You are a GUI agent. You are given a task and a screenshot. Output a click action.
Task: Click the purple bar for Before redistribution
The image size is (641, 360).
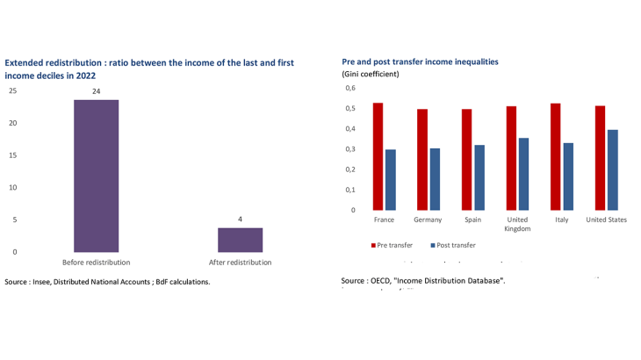(96, 176)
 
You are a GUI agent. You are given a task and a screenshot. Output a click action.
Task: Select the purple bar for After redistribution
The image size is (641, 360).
(240, 240)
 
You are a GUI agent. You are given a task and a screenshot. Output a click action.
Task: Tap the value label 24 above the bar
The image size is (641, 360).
(96, 90)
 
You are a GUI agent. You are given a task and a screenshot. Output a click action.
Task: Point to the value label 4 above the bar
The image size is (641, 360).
(240, 219)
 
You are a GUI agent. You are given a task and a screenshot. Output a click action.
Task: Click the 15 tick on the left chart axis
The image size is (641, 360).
(12, 155)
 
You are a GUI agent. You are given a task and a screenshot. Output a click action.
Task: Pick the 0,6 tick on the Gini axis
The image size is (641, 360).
(349, 89)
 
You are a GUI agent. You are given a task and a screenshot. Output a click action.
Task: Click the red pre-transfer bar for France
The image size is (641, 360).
(378, 156)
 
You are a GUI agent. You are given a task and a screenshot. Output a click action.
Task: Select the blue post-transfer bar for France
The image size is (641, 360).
(390, 179)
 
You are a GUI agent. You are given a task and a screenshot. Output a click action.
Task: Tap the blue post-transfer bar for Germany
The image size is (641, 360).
(435, 179)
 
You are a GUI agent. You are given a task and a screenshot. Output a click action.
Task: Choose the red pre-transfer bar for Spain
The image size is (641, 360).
(466, 159)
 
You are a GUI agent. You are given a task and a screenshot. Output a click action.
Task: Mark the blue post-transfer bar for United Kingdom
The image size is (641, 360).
(523, 174)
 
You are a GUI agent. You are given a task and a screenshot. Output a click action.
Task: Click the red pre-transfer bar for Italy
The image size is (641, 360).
(556, 156)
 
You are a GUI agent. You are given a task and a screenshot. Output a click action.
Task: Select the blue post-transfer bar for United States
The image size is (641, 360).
(613, 169)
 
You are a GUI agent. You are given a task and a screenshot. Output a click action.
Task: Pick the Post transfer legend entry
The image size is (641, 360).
(454, 245)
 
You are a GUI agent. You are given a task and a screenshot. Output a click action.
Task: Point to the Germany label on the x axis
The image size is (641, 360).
(428, 220)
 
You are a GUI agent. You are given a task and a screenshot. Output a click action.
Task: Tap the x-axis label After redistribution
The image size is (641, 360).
(240, 263)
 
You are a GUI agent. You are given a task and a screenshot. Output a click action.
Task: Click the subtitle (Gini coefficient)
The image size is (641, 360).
(370, 75)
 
